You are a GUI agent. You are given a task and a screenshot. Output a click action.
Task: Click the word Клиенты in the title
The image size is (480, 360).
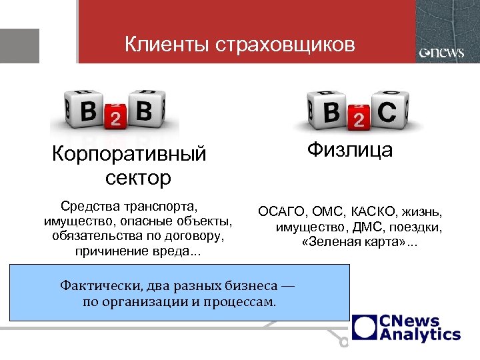(167, 45)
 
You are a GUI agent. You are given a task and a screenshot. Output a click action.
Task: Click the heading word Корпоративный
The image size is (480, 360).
(129, 155)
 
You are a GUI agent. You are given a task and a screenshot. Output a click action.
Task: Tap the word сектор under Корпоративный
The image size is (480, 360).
(138, 178)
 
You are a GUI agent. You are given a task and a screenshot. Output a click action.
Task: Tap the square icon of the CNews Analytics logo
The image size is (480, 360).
(365, 327)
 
